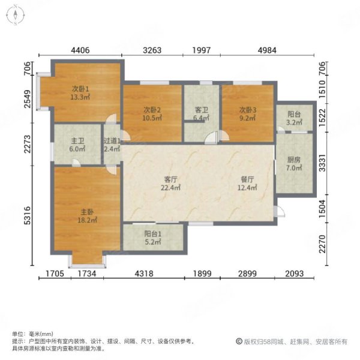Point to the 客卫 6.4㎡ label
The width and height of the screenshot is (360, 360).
201,113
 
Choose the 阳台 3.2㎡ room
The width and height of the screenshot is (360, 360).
294,118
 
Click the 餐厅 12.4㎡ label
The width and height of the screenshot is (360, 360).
248,183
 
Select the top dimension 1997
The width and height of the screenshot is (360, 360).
203,50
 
